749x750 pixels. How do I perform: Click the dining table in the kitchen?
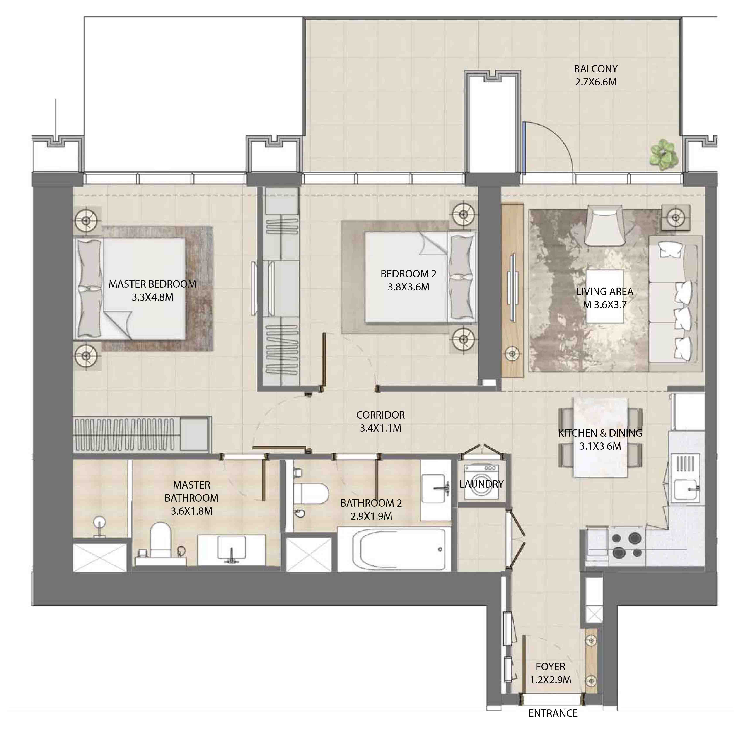click(600, 437)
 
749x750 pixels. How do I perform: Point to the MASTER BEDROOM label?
click(152, 284)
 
